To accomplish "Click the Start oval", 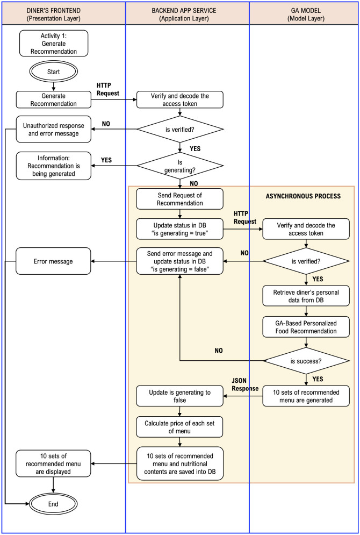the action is click(54, 72).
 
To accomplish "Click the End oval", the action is click(54, 504).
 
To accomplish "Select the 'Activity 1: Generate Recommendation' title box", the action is click(54, 44).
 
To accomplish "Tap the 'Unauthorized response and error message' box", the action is click(54, 130).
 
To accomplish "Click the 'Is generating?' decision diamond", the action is click(180, 166).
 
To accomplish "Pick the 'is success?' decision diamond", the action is click(306, 361).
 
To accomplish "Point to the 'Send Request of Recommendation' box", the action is click(180, 199).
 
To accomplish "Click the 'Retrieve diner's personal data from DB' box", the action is click(306, 296).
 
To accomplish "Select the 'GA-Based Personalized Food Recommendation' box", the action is click(306, 327).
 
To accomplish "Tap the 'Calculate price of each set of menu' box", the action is click(180, 426).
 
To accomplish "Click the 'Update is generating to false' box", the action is click(180, 396).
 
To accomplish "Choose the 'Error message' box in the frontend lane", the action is click(54, 261).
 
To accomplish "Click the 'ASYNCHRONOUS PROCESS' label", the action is click(303, 197).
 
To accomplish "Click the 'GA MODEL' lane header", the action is click(304, 14).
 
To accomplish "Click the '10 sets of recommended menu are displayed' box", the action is click(54, 463).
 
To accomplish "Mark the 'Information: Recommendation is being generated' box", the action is click(54, 166).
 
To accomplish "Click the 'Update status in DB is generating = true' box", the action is click(180, 229).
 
